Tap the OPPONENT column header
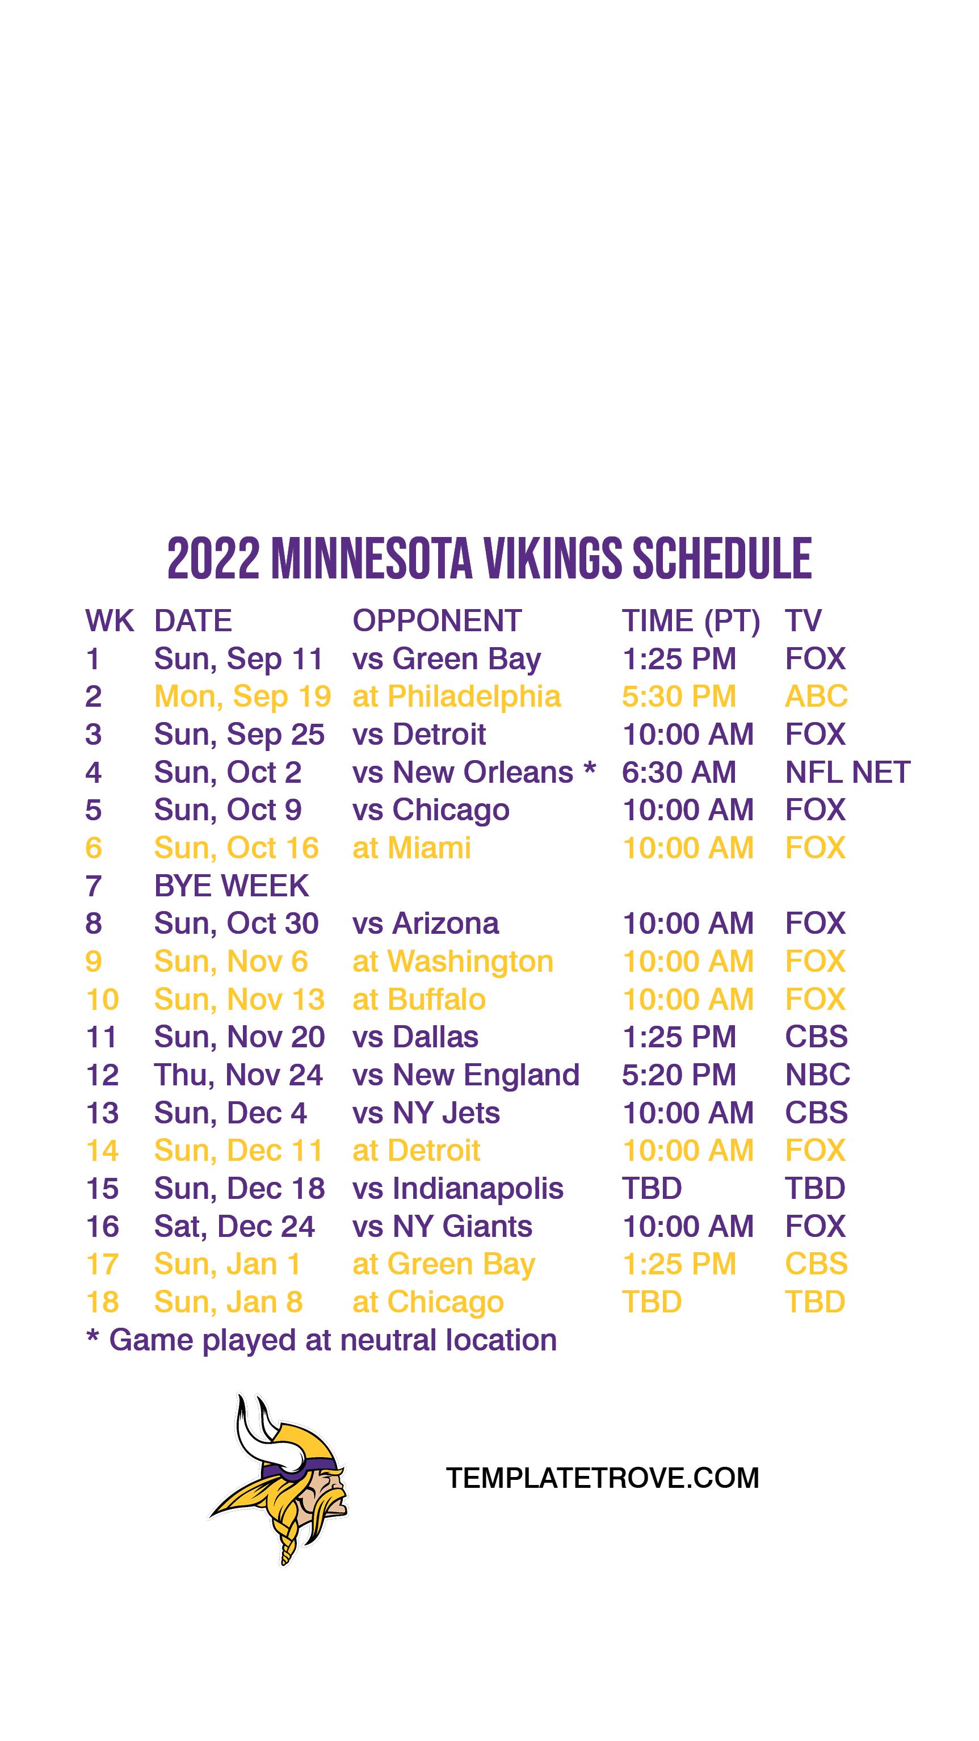coord(437,620)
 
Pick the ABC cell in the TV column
coord(816,696)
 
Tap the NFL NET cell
coord(848,772)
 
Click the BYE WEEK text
coord(232,886)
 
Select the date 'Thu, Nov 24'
coord(238,1075)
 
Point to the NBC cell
coord(817,1075)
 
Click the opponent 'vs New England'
coord(466,1075)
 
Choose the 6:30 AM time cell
coord(679,772)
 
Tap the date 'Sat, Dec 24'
coord(234,1227)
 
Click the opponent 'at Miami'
coord(412,848)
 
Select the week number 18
coord(103,1302)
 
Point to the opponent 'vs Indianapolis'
coord(458,1189)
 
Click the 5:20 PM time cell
coord(679,1075)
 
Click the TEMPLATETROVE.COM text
coord(603,1478)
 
